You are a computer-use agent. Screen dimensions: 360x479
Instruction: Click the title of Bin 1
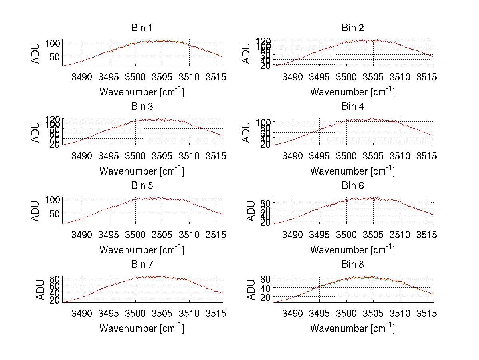tap(141, 28)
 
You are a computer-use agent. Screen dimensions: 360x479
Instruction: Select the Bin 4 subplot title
tap(352, 107)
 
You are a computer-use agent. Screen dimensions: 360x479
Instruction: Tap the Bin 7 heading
tap(141, 265)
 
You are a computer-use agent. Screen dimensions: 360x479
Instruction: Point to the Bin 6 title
tap(352, 186)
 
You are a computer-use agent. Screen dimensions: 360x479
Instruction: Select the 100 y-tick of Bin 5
tap(53, 199)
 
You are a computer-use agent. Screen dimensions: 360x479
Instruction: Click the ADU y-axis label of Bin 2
tap(247, 53)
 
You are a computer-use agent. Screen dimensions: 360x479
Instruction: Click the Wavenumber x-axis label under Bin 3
tap(141, 171)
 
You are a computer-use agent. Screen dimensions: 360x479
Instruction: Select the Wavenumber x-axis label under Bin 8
tap(352, 328)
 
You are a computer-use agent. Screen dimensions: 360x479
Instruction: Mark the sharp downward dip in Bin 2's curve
tap(374, 44)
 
